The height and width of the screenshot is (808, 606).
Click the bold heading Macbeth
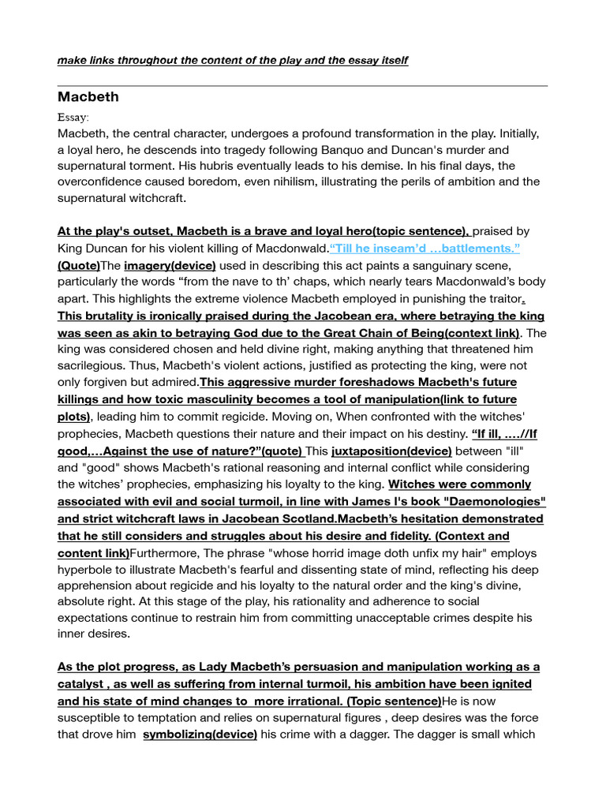88,97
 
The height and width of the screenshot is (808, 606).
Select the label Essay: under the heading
73,117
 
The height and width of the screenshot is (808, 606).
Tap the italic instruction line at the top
233,61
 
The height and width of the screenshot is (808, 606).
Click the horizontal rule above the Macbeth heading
302,85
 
